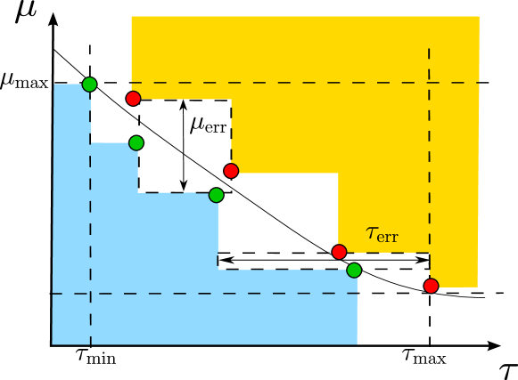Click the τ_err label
pos(382,234)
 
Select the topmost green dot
pos(89,85)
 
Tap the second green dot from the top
pos(136,142)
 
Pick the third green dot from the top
pos(216,195)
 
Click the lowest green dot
pos(354,270)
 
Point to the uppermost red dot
pos(133,98)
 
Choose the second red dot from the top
pos(231,171)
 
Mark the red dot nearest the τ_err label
pos(339,252)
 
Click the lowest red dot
pos(431,286)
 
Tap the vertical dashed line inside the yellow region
pos(429,160)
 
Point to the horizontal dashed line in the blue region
pos(205,293)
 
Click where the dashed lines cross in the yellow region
pos(429,83)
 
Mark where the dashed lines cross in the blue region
pos(90,293)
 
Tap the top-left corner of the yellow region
pos(132,17)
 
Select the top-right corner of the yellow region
pos(479,17)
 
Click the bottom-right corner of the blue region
pos(357,344)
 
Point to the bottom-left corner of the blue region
pos(53,344)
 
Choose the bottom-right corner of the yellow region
pos(477,287)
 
